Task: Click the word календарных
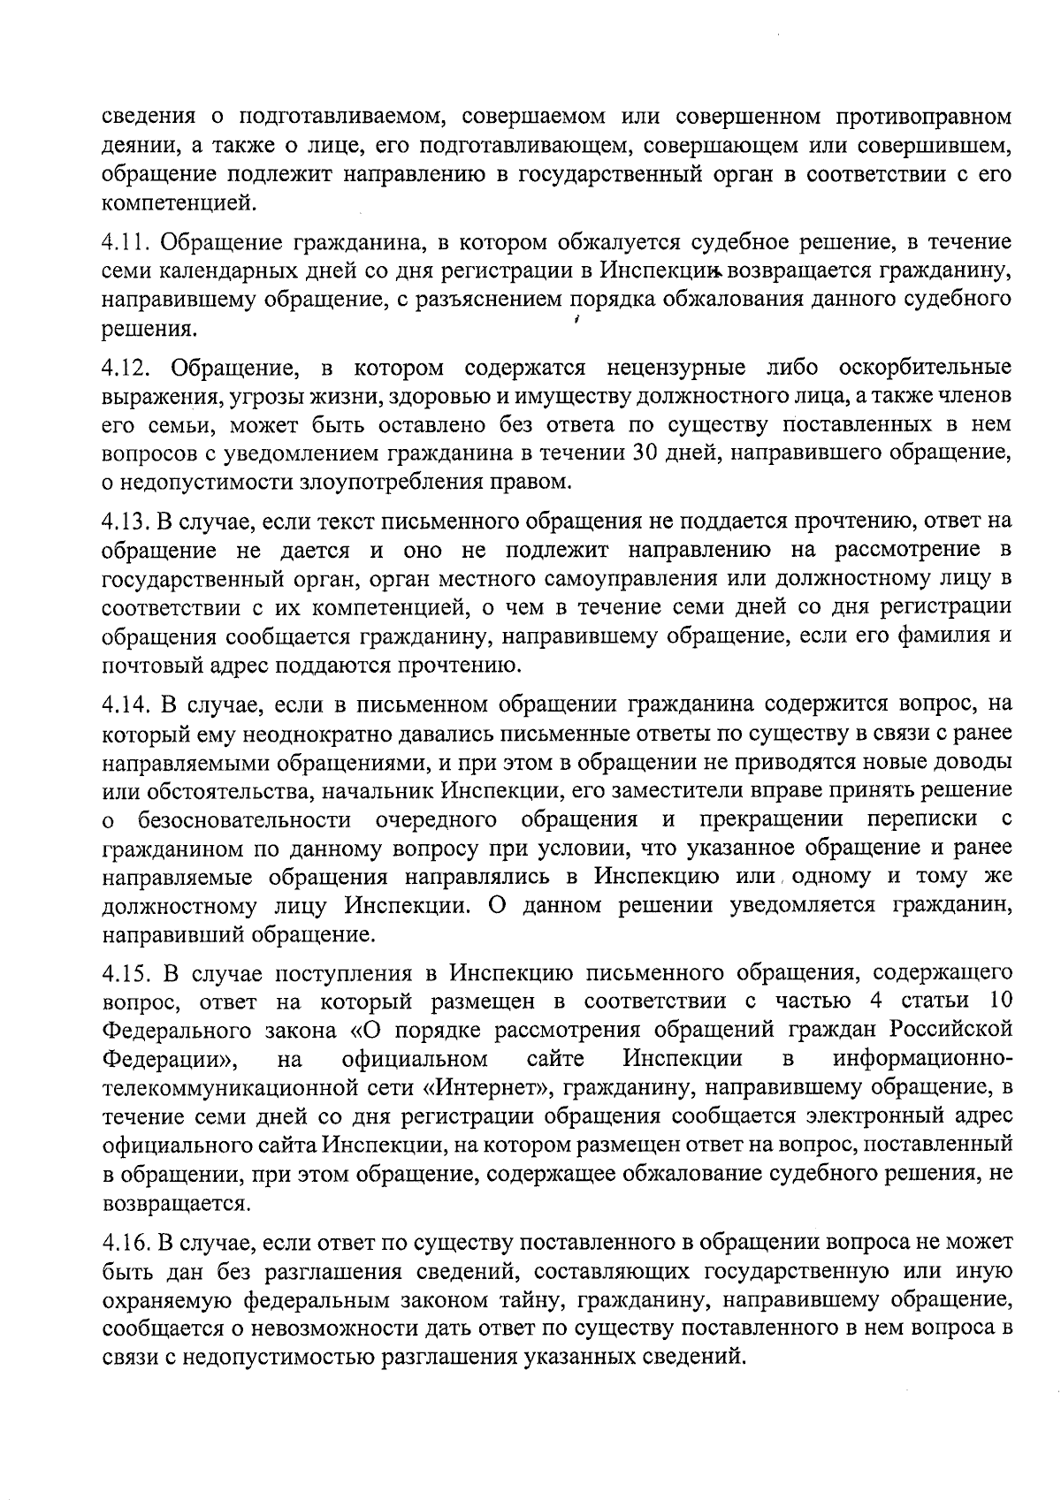coord(216,271)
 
